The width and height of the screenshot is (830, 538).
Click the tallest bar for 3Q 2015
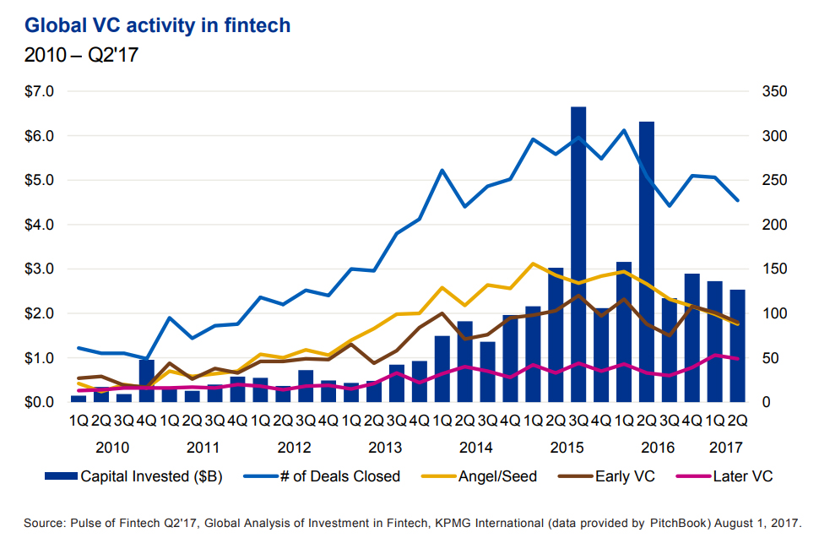(578, 253)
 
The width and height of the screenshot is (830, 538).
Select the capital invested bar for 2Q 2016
(647, 262)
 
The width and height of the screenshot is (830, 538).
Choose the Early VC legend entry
(624, 476)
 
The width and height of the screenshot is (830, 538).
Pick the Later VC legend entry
(740, 476)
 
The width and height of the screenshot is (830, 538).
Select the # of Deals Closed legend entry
(340, 476)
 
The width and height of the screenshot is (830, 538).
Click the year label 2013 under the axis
(385, 446)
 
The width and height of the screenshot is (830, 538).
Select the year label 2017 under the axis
(726, 446)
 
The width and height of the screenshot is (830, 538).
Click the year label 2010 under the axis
(112, 446)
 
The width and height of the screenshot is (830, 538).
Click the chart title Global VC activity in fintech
(157, 26)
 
